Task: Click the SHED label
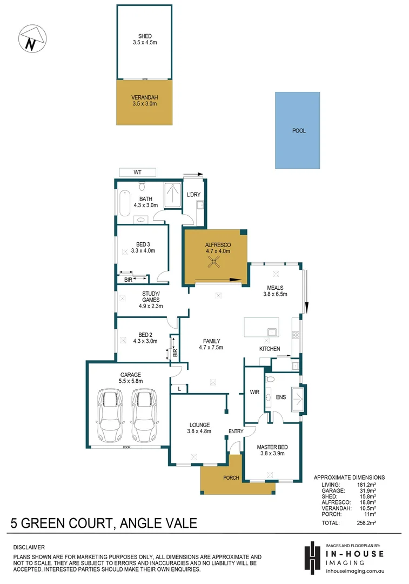[x=145, y=37]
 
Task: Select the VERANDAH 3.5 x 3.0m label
[x=144, y=101]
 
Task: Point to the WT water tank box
[x=137, y=172]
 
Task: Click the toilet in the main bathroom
[x=143, y=185]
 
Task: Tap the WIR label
[x=254, y=392]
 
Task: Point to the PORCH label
[x=231, y=478]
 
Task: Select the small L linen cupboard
[x=179, y=388]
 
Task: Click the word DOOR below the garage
[x=127, y=448]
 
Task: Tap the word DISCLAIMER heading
[x=29, y=547]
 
